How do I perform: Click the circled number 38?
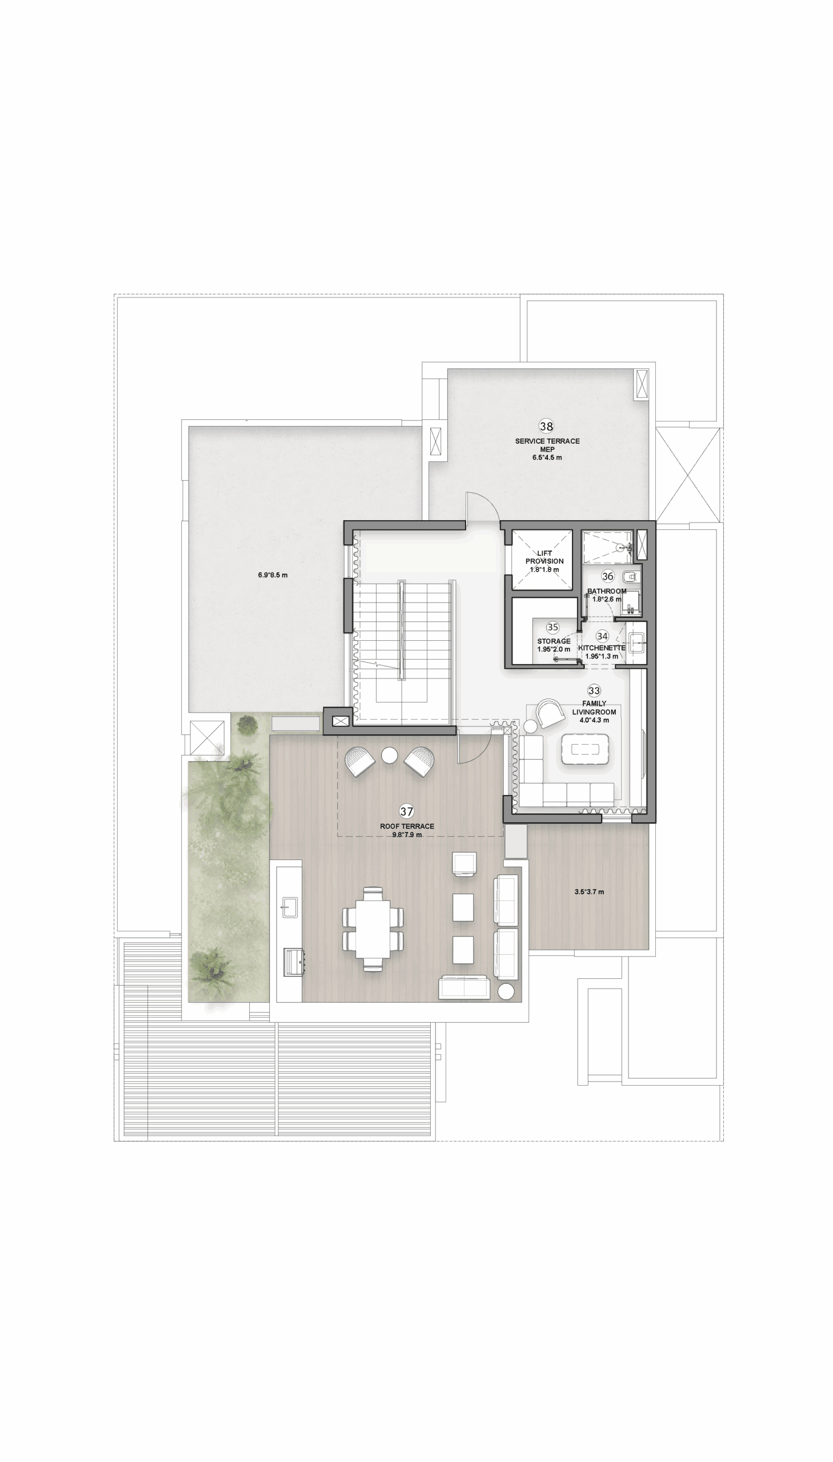click(546, 426)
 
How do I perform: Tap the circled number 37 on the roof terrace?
click(406, 812)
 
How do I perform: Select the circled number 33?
click(594, 690)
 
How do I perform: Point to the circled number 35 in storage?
click(552, 627)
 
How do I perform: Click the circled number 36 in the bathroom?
click(607, 576)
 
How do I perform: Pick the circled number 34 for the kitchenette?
click(602, 636)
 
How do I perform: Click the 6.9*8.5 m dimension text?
click(273, 575)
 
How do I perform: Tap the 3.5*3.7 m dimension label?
click(589, 891)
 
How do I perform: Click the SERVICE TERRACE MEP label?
click(547, 445)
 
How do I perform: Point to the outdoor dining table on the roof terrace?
click(373, 929)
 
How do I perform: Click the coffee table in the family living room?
click(584, 749)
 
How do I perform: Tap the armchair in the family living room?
click(550, 713)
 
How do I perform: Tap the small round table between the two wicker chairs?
click(390, 756)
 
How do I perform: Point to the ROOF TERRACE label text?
click(407, 826)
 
